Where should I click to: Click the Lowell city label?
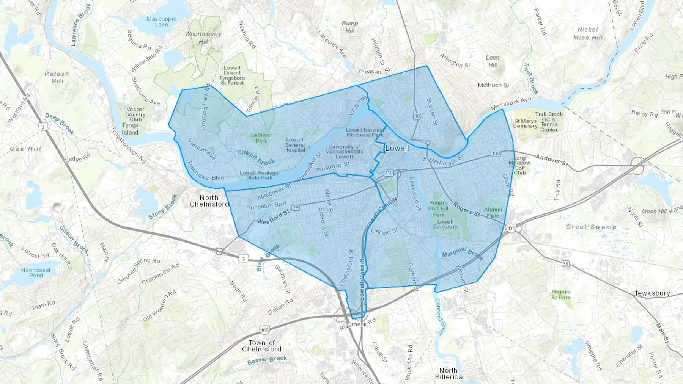(397, 148)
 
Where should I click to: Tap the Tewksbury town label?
(652, 293)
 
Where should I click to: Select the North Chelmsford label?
(209, 201)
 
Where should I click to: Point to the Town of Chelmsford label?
(261, 346)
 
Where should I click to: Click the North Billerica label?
(449, 373)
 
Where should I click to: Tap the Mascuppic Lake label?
(161, 21)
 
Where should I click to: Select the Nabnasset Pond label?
(36, 273)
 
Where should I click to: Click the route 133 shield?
(496, 153)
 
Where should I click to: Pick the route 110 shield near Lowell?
(389, 173)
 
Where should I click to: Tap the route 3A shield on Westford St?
(296, 207)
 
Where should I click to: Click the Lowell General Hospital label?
(294, 145)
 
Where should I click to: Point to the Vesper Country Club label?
(135, 114)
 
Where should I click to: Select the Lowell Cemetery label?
(445, 224)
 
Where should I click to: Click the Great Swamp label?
(591, 227)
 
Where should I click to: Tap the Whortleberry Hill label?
(203, 38)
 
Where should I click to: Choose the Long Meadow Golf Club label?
(519, 165)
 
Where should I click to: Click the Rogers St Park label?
(560, 295)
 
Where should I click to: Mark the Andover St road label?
(552, 160)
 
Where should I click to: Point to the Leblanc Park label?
(261, 138)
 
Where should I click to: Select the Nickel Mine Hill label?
(588, 33)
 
